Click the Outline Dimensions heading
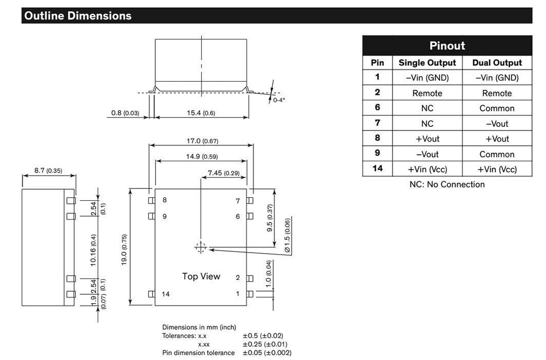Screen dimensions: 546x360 tap(78, 16)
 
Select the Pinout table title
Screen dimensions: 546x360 tap(447, 46)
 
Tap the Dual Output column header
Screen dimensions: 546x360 tap(497, 63)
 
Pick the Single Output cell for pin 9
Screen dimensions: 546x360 tap(427, 154)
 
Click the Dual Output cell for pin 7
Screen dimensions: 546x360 tap(497, 124)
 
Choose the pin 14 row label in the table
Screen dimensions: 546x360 tap(378, 168)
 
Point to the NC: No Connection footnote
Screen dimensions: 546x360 tap(447, 184)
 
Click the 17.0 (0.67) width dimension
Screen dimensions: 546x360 tap(202, 141)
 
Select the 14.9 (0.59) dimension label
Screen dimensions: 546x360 tap(202, 156)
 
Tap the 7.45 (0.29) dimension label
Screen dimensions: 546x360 tap(223, 173)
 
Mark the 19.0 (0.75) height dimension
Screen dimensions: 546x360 tap(124, 250)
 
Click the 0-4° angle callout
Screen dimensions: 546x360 tap(279, 100)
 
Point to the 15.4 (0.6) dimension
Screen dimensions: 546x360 tap(201, 113)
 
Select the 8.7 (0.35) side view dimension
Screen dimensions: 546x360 tap(48, 170)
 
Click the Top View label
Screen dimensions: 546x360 tap(201, 276)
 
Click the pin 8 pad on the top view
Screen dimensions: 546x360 tap(152, 200)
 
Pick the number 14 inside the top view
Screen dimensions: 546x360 tap(165, 294)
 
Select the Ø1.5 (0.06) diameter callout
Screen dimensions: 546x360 tap(287, 235)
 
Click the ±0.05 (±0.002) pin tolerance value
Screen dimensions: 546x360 tap(267, 353)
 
